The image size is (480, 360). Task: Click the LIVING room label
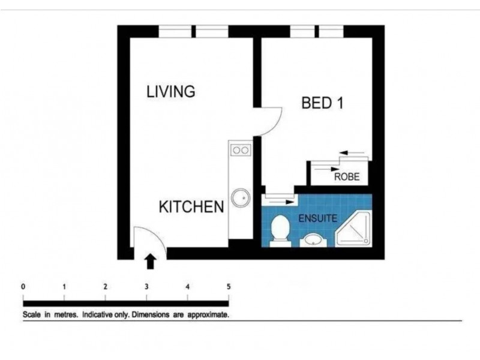point(171,92)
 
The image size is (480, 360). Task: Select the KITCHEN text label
point(191,207)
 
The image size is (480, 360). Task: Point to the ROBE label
point(347,177)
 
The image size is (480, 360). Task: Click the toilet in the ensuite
point(280,231)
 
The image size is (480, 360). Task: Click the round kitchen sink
point(241,197)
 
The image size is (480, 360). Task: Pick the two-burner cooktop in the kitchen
point(241,149)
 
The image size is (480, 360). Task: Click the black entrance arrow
point(151,260)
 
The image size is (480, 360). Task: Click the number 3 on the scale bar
point(146,286)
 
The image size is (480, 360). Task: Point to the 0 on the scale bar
point(23,286)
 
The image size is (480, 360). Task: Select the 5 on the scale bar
point(228,286)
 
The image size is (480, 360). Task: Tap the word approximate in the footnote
point(208,314)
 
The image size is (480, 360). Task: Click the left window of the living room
point(175,31)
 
